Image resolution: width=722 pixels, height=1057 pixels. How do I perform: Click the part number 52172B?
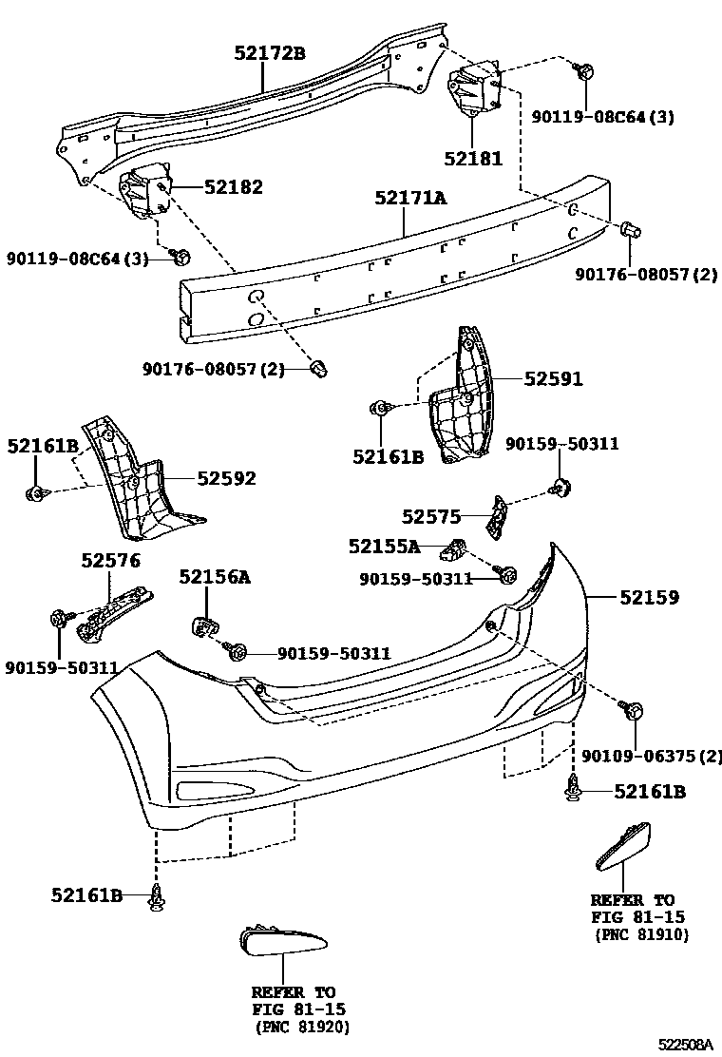[x=270, y=54]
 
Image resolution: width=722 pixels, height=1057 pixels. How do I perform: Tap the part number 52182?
[x=233, y=187]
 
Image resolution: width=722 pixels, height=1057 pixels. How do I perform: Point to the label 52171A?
[x=409, y=199]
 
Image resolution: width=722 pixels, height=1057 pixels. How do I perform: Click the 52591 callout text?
[x=554, y=379]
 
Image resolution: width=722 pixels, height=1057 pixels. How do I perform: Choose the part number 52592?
[x=227, y=478]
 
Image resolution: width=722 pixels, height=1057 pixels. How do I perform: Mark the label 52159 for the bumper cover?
[x=650, y=598]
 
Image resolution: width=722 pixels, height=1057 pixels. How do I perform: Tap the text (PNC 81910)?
[x=642, y=935]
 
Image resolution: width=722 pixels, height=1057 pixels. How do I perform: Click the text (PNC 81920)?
[x=302, y=1028]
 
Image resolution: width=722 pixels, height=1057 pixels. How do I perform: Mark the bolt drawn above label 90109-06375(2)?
[x=632, y=709]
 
